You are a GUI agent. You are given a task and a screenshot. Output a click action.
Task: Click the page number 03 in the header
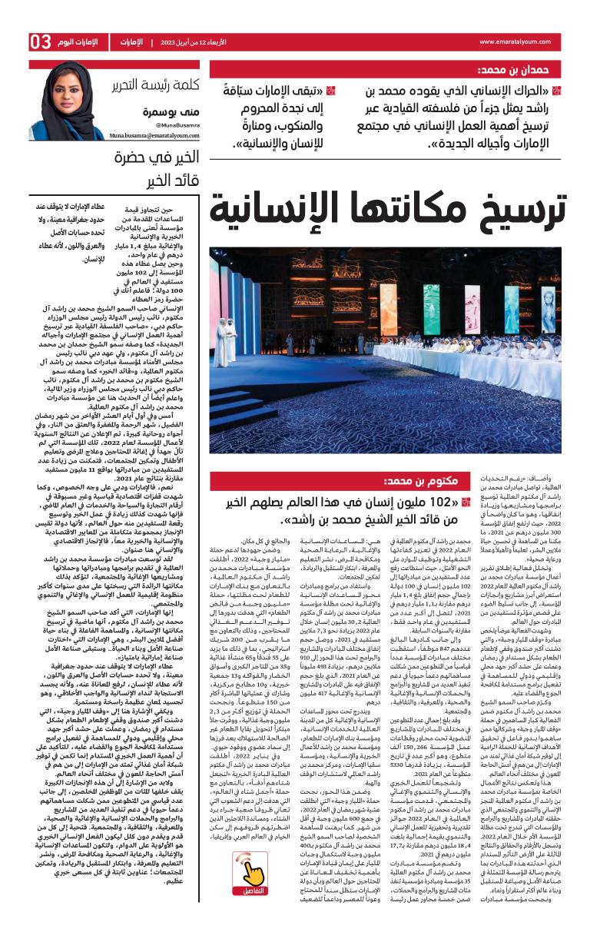[40, 41]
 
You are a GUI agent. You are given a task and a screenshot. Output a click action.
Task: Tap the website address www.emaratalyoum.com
[519, 41]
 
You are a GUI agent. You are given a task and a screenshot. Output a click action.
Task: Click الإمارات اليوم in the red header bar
[81, 41]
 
